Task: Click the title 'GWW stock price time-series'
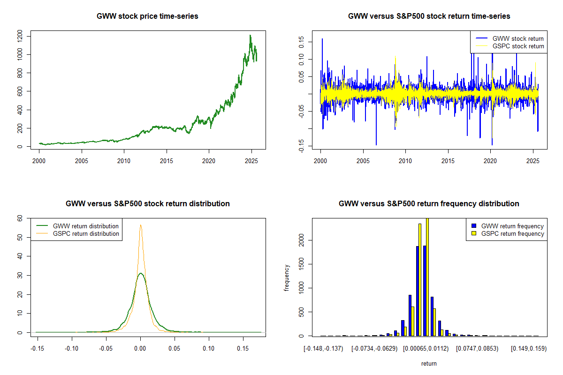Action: click(147, 16)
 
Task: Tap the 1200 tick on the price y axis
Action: click(20, 36)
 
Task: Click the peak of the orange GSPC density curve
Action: click(140, 225)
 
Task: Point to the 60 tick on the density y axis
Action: click(20, 218)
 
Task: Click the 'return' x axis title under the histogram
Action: click(429, 363)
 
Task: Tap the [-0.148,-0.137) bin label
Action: click(324, 349)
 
